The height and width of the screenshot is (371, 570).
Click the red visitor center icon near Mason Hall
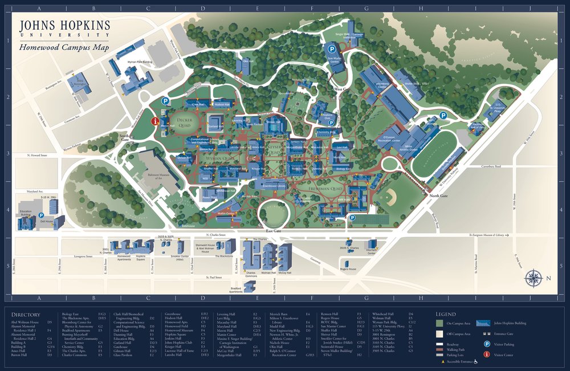pos(154,121)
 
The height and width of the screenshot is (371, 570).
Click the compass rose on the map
pos(534,278)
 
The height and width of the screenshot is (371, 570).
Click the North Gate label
pos(439,196)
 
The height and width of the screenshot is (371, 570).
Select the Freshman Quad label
pos(325,187)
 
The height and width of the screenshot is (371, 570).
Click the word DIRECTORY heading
pos(25,314)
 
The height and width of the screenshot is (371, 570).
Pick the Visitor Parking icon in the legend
pos(487,344)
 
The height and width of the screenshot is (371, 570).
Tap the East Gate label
pos(274,231)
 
